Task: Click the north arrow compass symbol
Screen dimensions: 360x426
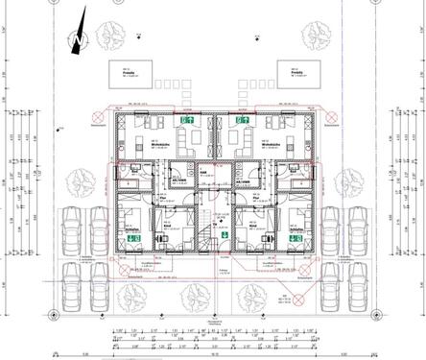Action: click(77, 36)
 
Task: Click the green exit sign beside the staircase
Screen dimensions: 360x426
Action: click(222, 230)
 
